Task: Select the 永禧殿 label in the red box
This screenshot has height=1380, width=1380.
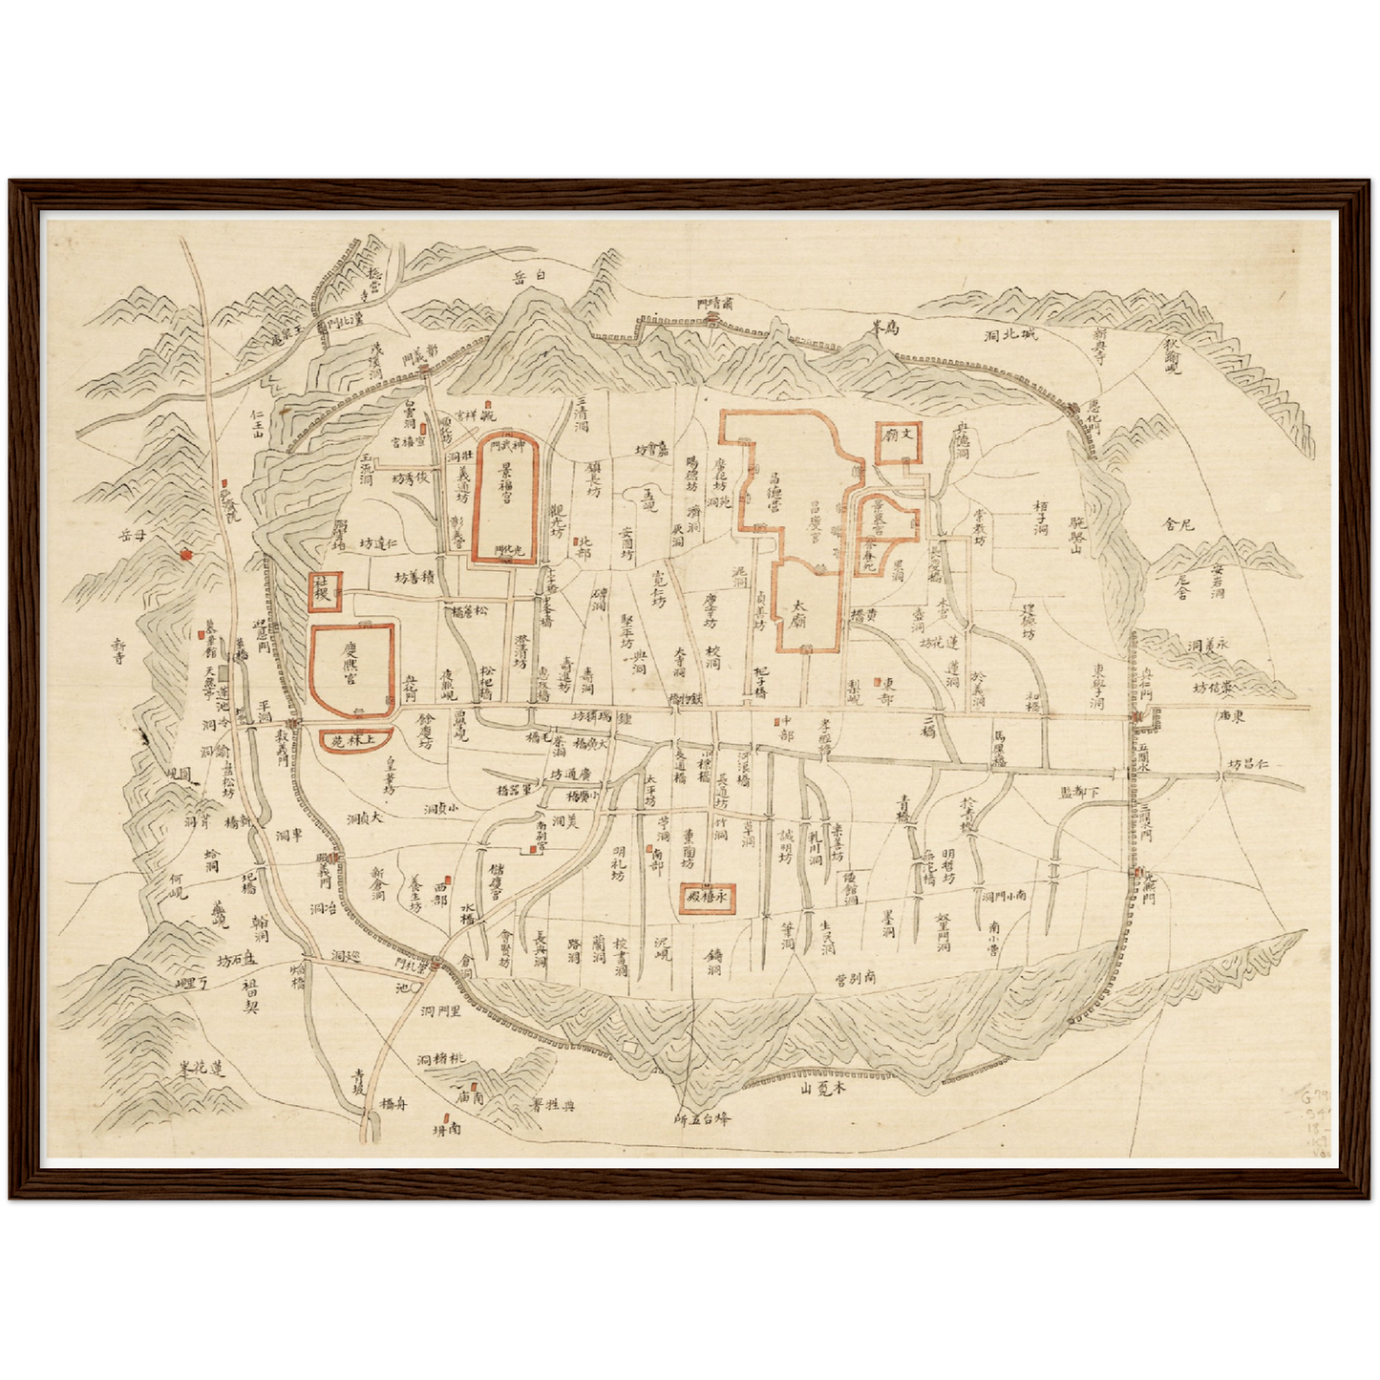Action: point(708,898)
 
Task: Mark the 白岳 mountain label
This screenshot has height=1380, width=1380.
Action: point(532,276)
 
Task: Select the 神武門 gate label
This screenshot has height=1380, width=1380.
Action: point(507,447)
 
